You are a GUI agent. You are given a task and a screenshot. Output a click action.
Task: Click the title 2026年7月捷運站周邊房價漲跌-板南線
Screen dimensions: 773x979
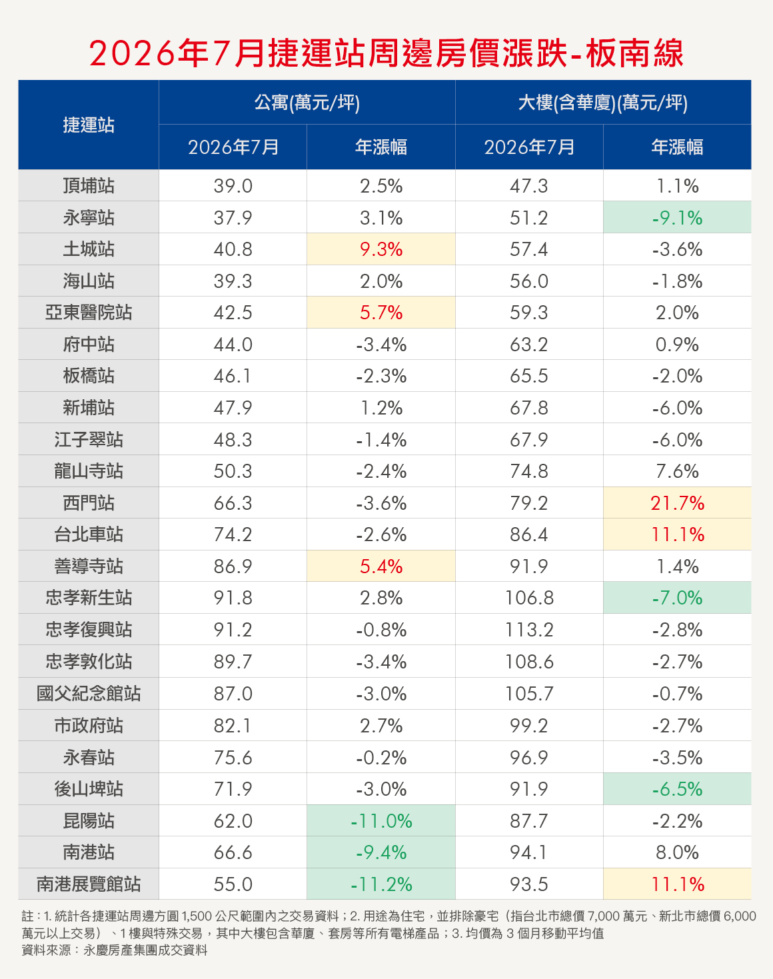pyautogui.click(x=386, y=54)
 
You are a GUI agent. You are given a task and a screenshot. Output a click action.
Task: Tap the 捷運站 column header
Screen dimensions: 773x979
pyautogui.click(x=88, y=125)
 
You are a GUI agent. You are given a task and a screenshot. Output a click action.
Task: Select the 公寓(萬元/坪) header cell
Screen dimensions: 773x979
pyautogui.click(x=307, y=103)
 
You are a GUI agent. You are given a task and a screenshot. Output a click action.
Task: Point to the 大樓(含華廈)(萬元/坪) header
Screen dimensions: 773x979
pyautogui.click(x=603, y=103)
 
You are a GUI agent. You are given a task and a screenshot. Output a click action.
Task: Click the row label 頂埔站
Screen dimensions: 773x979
pyautogui.click(x=88, y=186)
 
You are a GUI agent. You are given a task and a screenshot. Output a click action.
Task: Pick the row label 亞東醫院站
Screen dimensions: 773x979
pyautogui.click(x=88, y=313)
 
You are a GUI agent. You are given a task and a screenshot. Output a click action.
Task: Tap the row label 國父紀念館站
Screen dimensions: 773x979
pyautogui.click(x=88, y=694)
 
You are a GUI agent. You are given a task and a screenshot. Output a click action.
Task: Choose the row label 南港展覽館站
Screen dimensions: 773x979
pyautogui.click(x=88, y=884)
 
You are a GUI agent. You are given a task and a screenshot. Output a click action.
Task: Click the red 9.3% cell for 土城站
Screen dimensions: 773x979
pyautogui.click(x=381, y=249)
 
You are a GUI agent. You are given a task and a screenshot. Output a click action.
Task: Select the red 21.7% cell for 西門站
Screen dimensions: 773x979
pyautogui.click(x=677, y=503)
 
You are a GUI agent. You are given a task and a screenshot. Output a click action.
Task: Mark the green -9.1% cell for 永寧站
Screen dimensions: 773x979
pyautogui.click(x=677, y=218)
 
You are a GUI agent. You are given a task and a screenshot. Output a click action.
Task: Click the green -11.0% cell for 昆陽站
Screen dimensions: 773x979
pyautogui.click(x=381, y=820)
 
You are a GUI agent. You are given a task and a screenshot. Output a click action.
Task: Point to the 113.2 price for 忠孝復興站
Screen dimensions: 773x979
pyautogui.click(x=529, y=630)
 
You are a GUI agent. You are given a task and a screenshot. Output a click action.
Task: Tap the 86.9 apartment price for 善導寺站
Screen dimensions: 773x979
pyautogui.click(x=233, y=566)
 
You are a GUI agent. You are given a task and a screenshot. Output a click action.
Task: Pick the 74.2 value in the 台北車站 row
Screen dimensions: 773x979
pyautogui.click(x=233, y=534)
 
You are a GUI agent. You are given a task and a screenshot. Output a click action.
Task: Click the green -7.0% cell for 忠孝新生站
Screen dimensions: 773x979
pyautogui.click(x=677, y=598)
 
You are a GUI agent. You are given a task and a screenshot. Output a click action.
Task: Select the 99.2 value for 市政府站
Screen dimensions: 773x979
pyautogui.click(x=529, y=726)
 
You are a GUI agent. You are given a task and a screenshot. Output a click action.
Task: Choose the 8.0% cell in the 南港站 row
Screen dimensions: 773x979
pyautogui.click(x=677, y=852)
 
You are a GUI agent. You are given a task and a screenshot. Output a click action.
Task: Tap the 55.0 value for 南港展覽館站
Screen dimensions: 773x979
pyautogui.click(x=233, y=884)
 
